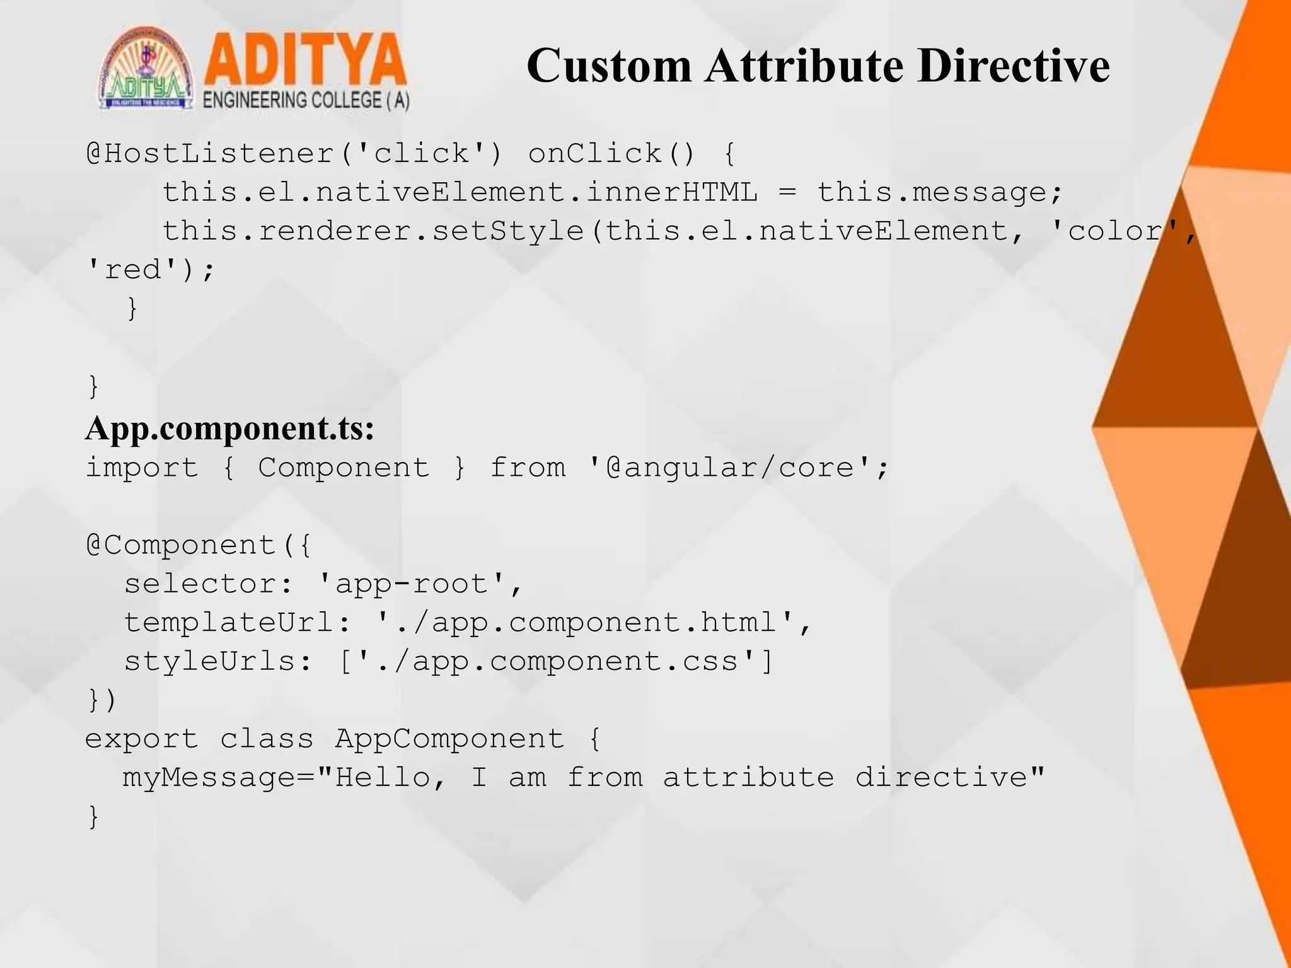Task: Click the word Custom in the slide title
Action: pos(609,66)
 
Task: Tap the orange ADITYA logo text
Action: pos(304,60)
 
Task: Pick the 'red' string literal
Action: pos(132,270)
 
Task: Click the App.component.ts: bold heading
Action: pos(229,429)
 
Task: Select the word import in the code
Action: pos(142,468)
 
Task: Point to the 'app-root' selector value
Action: pos(412,584)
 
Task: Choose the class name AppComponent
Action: pos(449,739)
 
